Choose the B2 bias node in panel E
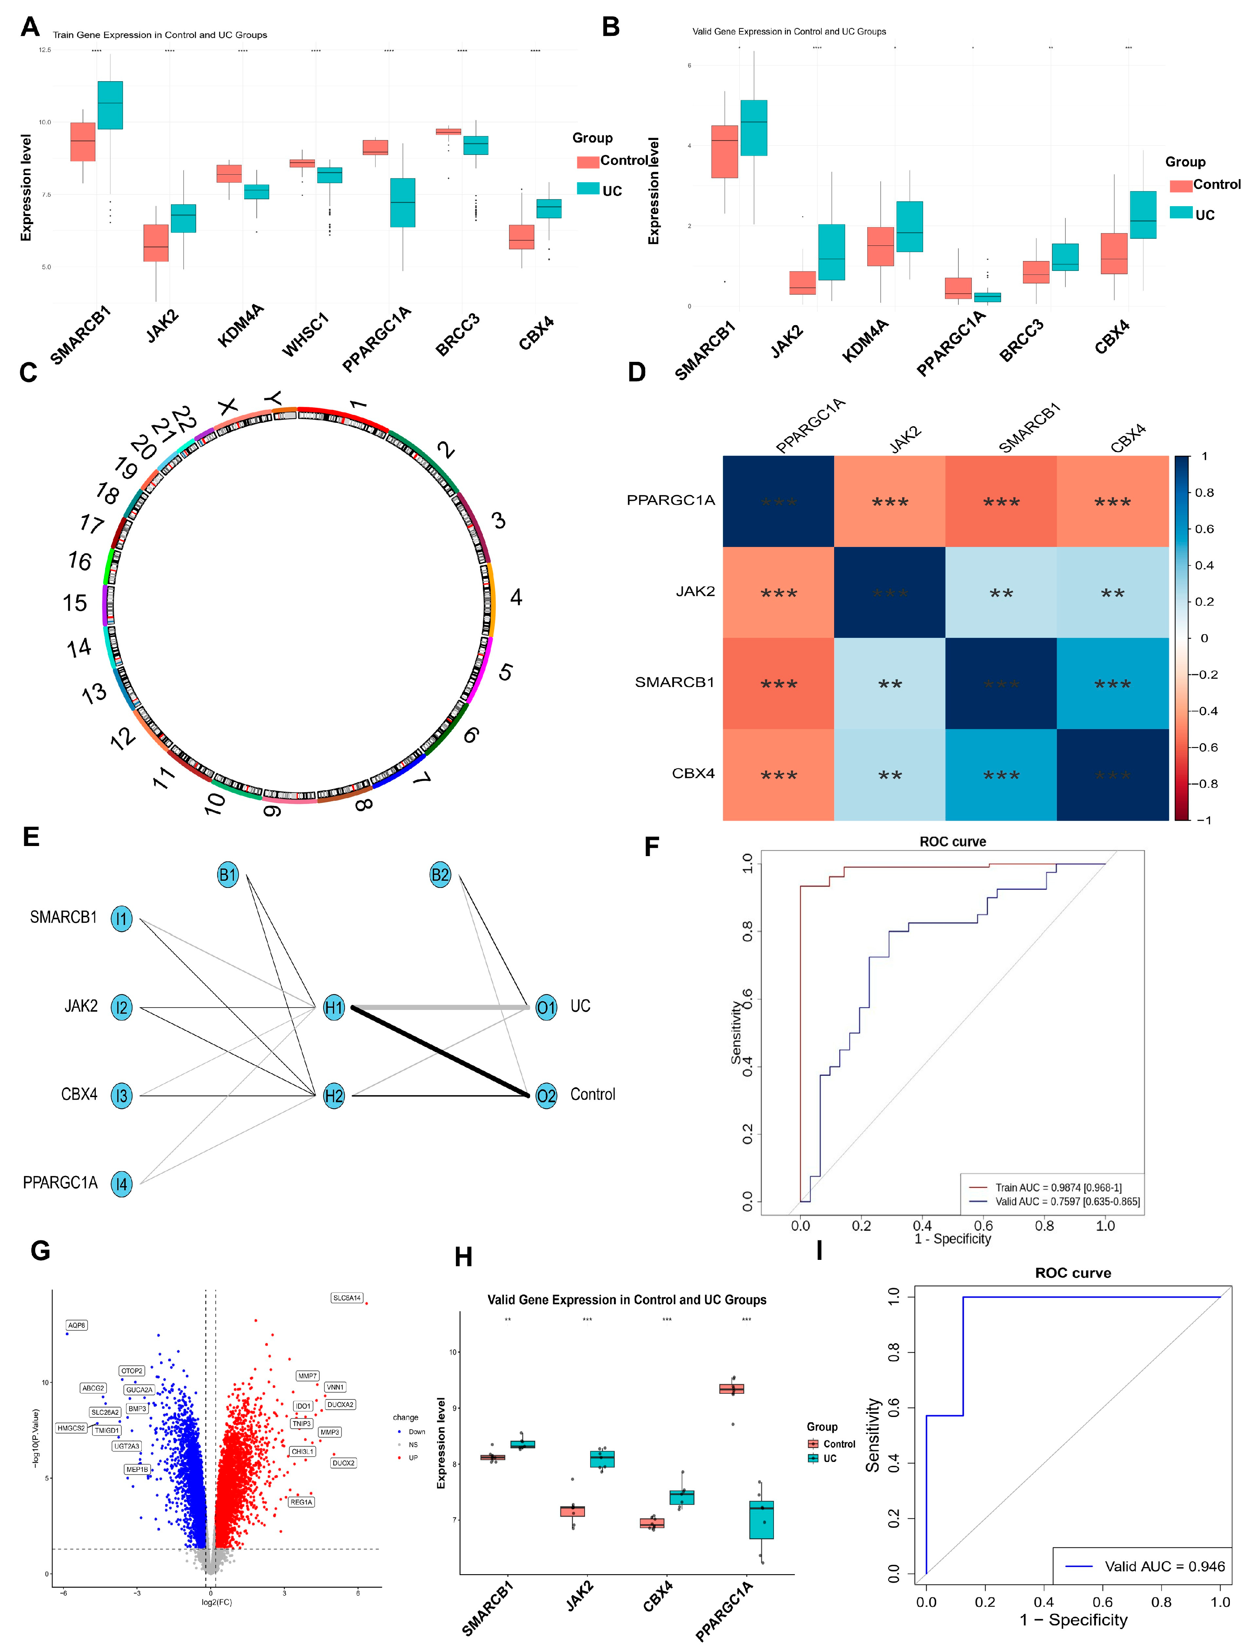[x=440, y=875]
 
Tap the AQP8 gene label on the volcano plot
[x=76, y=1325]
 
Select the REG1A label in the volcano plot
[x=301, y=1502]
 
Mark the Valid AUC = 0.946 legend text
[x=1164, y=1566]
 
